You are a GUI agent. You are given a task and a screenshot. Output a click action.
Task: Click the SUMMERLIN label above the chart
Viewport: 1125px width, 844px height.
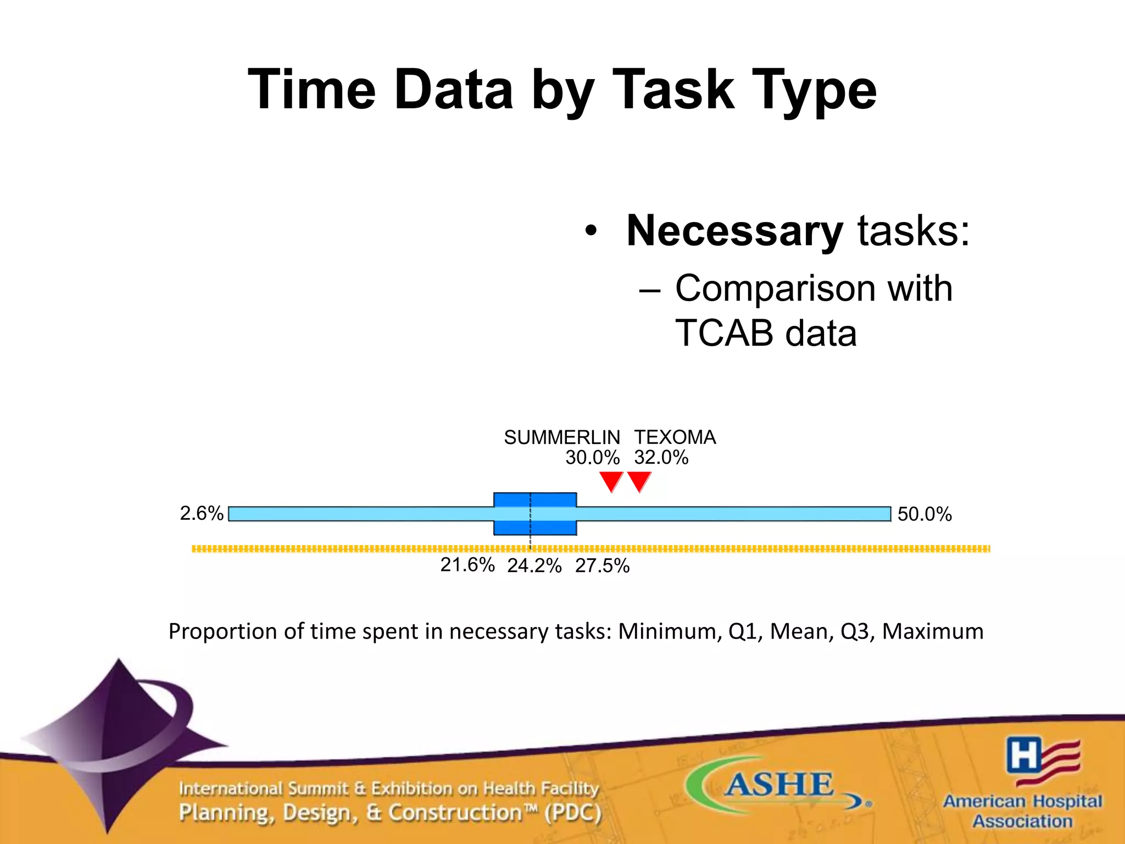[561, 437]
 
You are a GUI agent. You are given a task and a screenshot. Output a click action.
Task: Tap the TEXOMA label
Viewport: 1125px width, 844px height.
[675, 437]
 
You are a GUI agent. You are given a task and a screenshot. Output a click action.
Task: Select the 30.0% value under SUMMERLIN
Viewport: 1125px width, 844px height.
[592, 458]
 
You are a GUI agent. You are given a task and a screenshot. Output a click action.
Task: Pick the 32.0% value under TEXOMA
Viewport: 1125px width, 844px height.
[661, 458]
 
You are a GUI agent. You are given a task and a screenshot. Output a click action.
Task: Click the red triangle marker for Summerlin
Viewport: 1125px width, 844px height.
[611, 481]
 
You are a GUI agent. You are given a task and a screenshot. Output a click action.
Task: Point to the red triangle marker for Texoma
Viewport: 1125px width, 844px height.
[639, 481]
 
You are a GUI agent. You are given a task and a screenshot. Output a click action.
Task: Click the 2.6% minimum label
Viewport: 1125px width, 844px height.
[202, 513]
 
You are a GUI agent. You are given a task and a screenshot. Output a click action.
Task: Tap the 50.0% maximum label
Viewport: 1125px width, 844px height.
[924, 514]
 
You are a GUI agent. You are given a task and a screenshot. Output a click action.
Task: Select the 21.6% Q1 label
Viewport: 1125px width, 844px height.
[467, 565]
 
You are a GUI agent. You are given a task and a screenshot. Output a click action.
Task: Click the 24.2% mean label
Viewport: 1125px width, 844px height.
[534, 566]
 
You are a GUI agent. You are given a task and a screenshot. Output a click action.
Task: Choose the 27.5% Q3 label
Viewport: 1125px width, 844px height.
[602, 566]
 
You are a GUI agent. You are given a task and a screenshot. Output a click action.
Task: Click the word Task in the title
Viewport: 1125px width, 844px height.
[672, 90]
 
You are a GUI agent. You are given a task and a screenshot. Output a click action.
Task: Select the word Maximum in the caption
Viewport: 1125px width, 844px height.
[932, 631]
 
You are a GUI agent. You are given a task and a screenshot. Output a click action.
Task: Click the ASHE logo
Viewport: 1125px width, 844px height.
[778, 784]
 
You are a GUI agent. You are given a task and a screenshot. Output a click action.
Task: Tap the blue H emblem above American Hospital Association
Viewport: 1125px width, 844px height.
[1023, 754]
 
